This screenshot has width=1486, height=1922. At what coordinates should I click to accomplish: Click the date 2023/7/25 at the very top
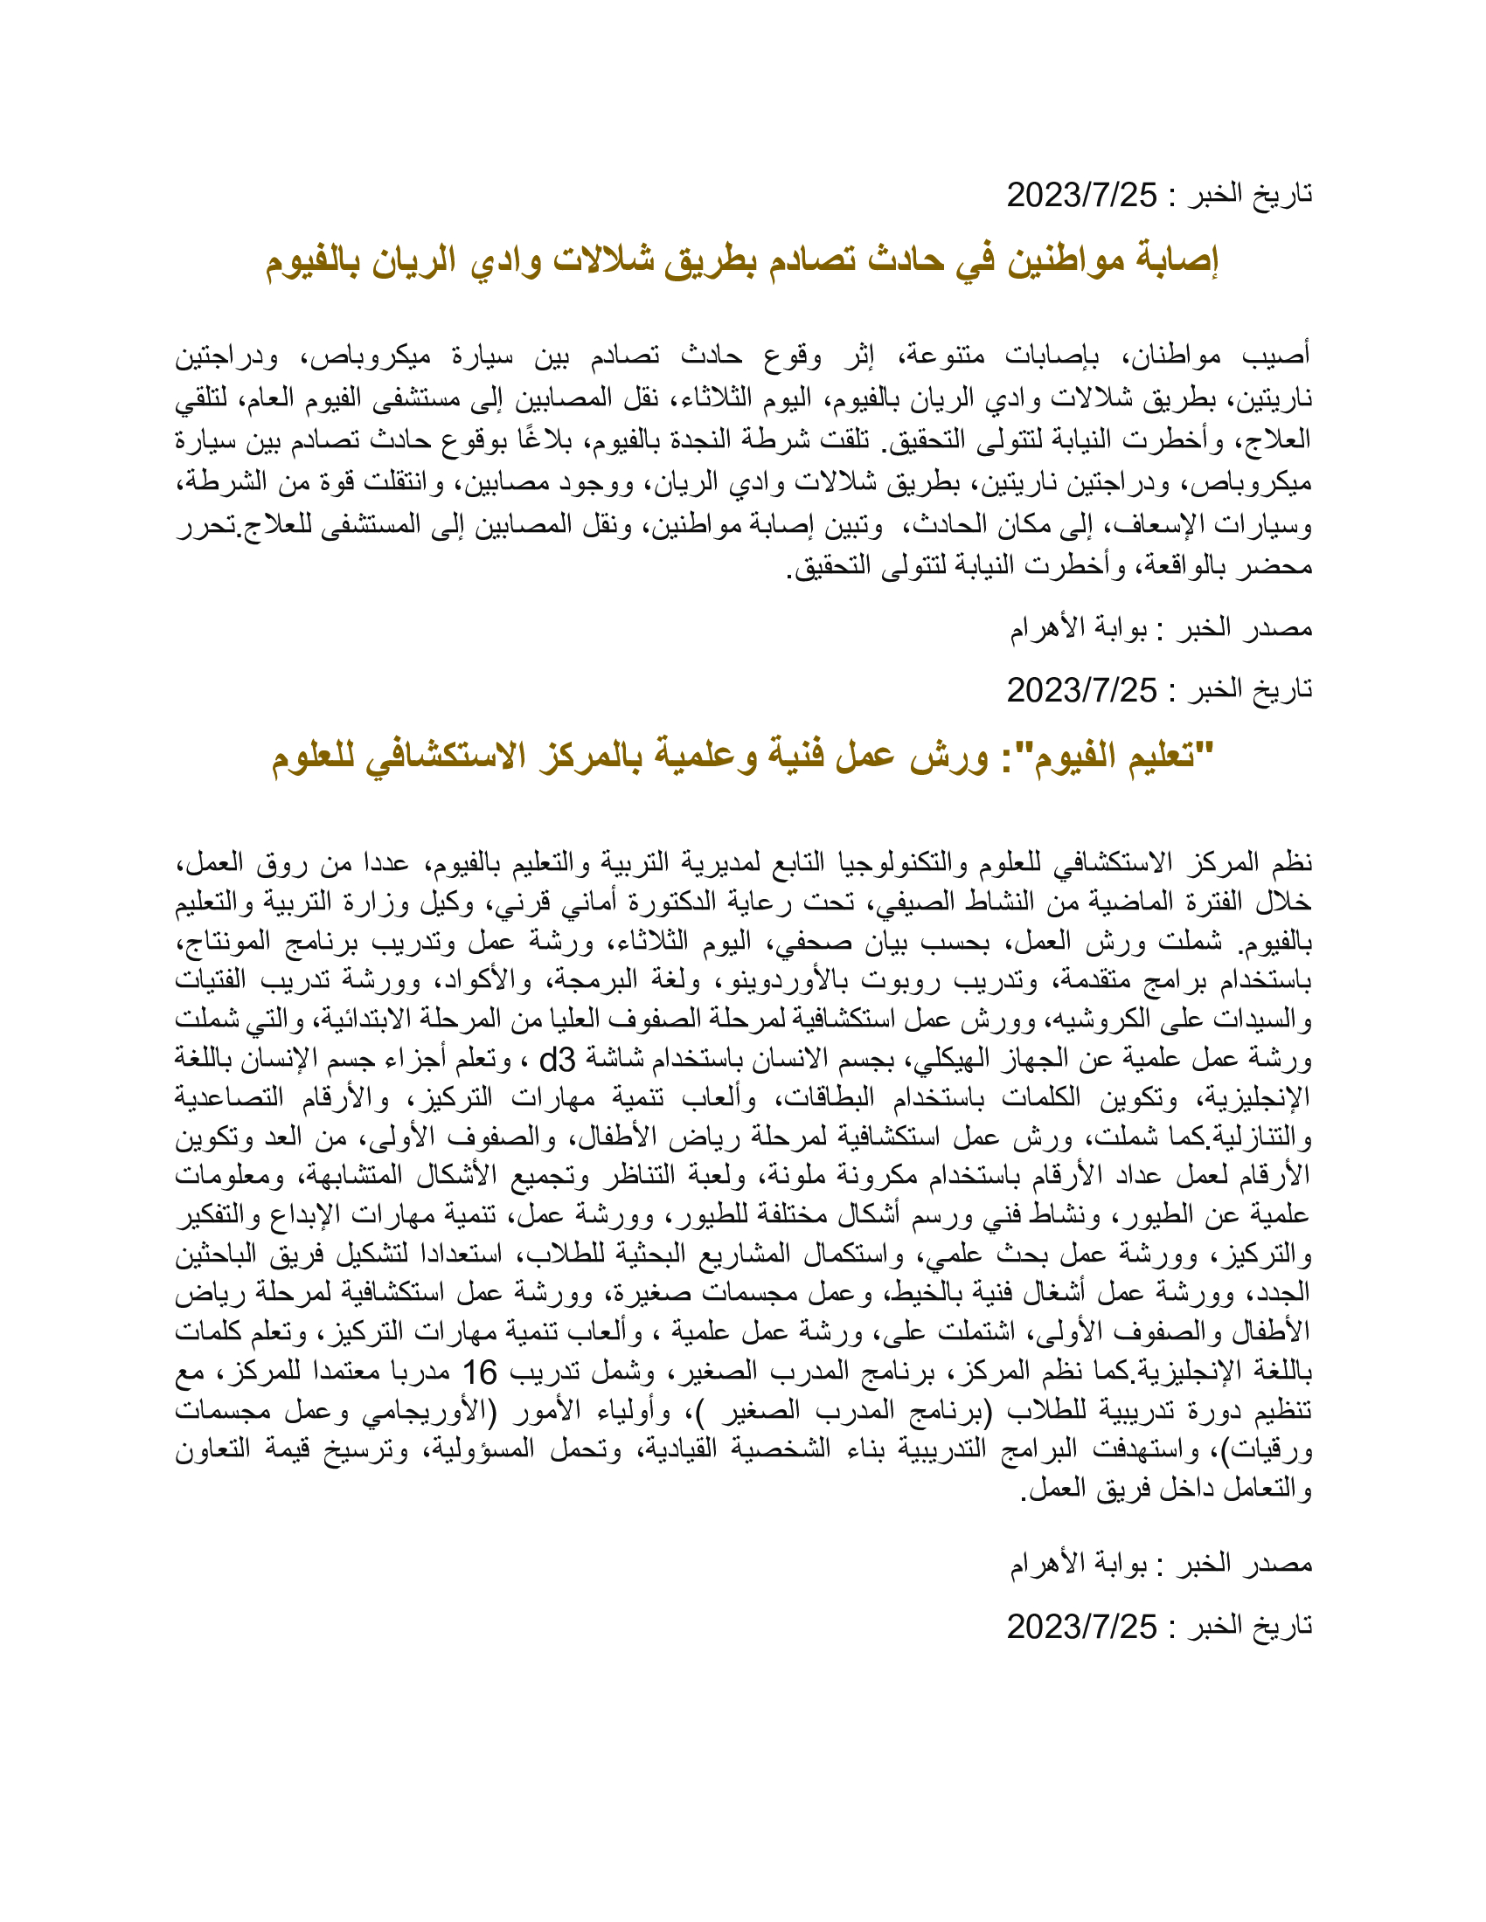tap(1082, 195)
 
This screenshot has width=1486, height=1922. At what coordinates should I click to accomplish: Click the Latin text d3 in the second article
tap(558, 1061)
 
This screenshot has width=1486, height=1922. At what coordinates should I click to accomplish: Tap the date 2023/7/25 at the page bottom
tap(1082, 1628)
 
